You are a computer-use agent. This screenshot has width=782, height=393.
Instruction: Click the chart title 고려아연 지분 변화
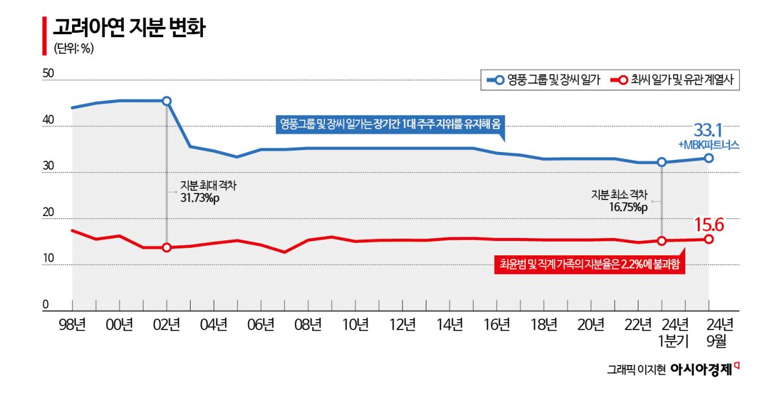[128, 29]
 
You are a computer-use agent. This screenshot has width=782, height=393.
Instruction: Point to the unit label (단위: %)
[73, 49]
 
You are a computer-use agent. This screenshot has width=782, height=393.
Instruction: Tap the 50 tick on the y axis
[48, 74]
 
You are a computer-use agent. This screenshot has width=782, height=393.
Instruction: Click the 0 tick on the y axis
[45, 305]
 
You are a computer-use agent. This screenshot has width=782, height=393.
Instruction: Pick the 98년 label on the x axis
[73, 325]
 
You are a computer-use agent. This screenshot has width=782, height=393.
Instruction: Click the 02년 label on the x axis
[167, 325]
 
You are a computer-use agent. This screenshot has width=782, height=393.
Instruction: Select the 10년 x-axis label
[356, 325]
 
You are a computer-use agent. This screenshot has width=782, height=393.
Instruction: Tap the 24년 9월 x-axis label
[709, 333]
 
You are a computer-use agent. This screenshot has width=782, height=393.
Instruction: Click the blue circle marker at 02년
[167, 101]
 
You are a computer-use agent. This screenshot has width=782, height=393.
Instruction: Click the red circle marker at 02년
[167, 247]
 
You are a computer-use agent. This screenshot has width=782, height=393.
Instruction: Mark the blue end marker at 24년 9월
[709, 158]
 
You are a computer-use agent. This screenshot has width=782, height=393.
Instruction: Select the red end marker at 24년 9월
[709, 239]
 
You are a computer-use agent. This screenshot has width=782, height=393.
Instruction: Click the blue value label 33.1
[708, 130]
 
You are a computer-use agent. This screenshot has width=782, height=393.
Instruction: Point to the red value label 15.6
[709, 225]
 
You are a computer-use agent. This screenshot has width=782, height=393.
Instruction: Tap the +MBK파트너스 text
[709, 145]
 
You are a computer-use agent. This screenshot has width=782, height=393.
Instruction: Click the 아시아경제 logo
[701, 369]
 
